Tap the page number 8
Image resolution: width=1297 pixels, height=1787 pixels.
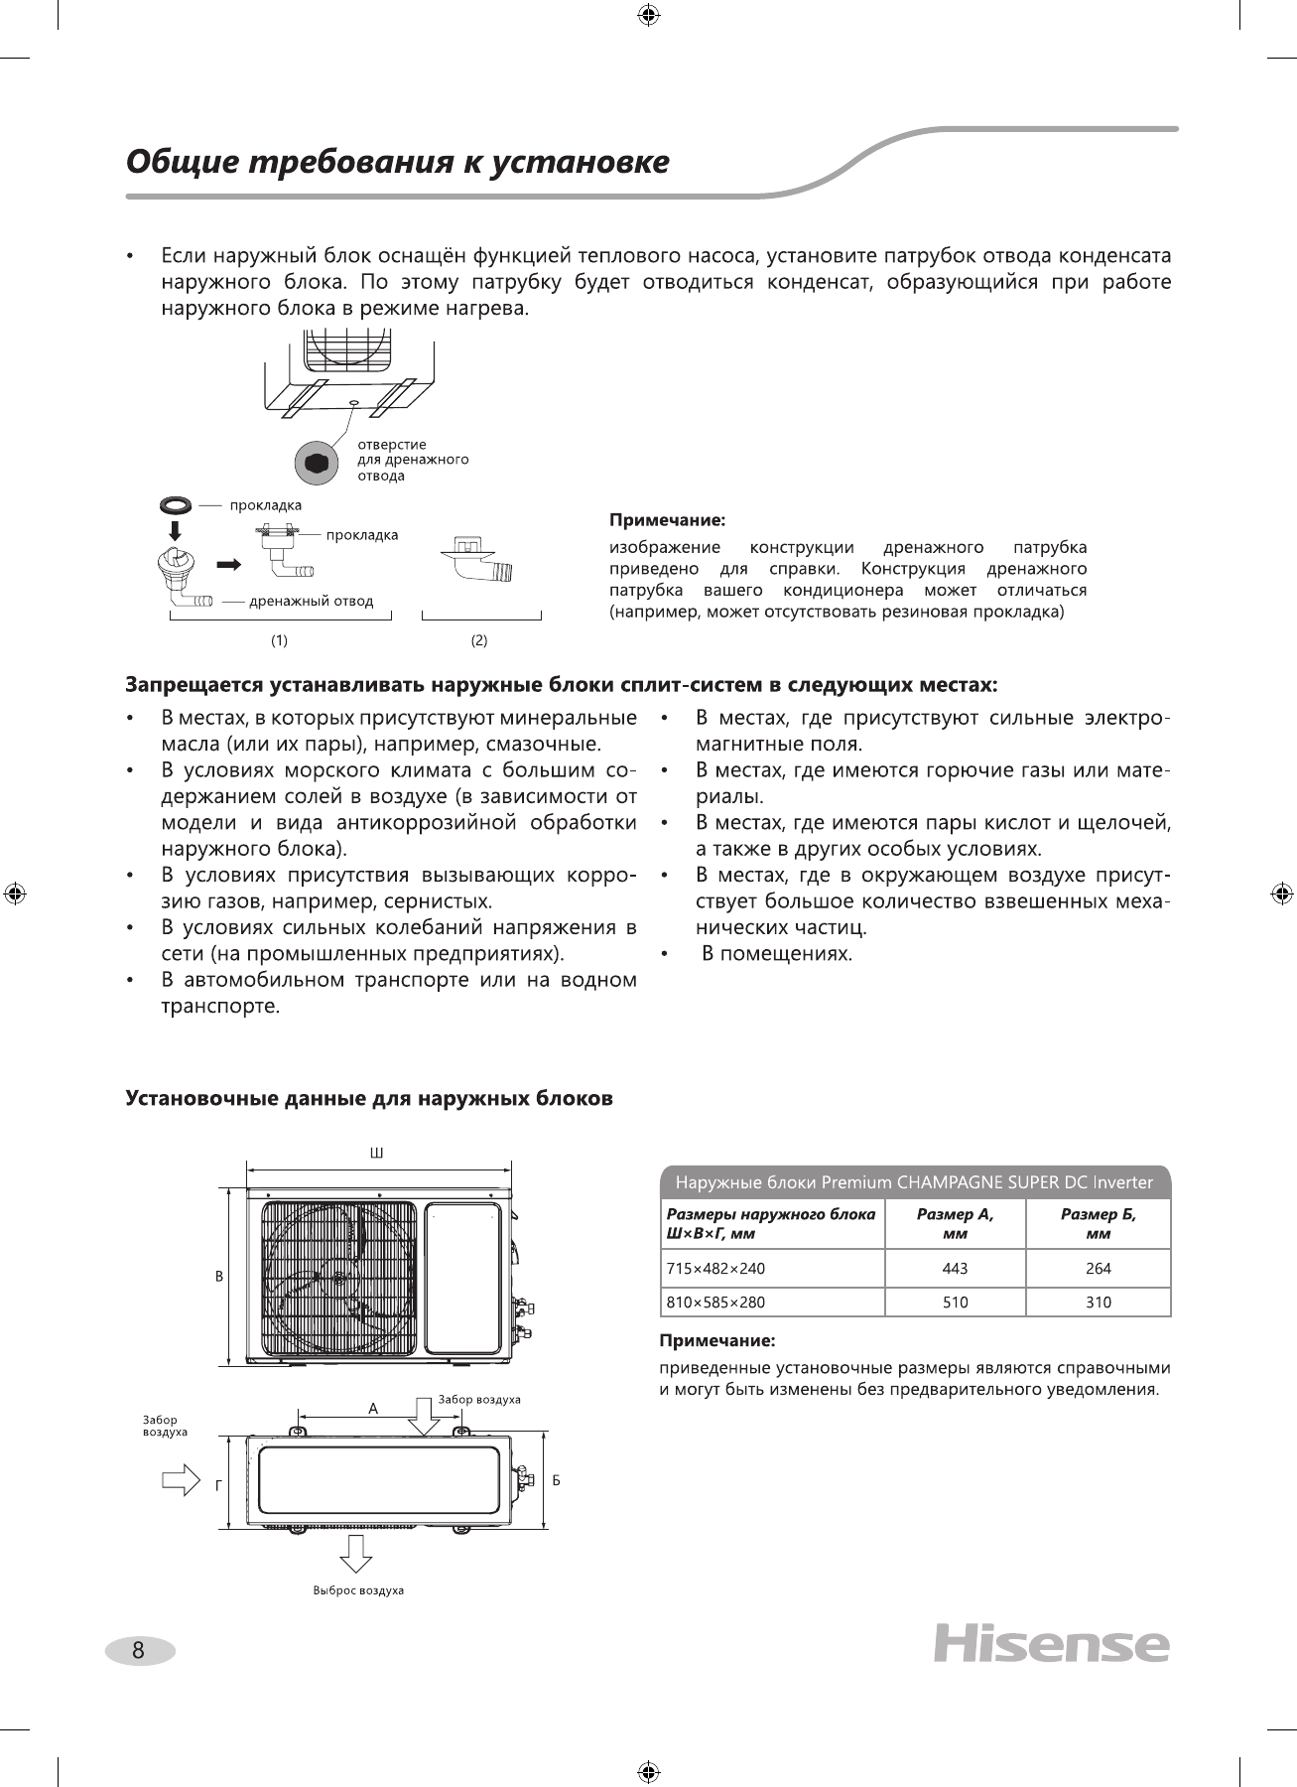point(139,1651)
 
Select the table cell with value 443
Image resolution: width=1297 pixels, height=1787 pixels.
point(955,1268)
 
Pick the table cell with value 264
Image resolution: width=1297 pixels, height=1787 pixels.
point(1098,1268)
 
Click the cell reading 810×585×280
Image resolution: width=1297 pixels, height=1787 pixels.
point(714,1302)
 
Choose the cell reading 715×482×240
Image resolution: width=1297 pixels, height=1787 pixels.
point(714,1268)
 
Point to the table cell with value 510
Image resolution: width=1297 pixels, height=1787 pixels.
point(955,1302)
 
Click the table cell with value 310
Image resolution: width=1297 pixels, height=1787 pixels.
point(1098,1302)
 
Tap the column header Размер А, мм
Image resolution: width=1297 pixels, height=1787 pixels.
point(955,1223)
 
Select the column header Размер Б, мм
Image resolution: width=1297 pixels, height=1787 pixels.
point(1098,1223)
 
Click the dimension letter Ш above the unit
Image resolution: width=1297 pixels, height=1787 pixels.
point(376,1153)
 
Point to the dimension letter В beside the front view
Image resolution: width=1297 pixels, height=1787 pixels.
point(219,1276)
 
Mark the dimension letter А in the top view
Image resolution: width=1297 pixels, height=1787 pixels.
point(373,1408)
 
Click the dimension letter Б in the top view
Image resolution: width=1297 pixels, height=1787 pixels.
point(557,1480)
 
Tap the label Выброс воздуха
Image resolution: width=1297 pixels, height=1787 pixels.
point(358,1589)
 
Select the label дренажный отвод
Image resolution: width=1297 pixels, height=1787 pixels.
point(311,601)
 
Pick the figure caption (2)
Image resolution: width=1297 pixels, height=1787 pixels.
point(479,640)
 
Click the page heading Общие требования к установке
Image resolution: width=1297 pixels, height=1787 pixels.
point(397,162)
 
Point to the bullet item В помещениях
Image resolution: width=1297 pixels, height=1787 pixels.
point(777,954)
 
